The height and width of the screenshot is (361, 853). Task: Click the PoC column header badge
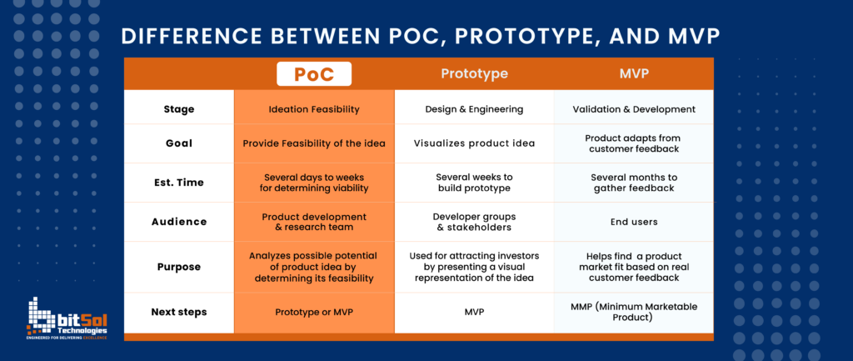click(x=314, y=74)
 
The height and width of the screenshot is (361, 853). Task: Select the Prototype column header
click(x=474, y=74)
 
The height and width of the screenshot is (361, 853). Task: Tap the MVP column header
click(x=634, y=74)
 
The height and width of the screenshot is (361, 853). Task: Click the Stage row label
click(x=178, y=109)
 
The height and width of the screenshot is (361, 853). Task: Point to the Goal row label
click(x=178, y=143)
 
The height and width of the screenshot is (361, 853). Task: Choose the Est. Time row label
click(x=178, y=183)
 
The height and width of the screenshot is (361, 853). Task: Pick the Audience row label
click(x=178, y=223)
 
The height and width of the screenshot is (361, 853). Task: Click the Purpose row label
click(x=178, y=267)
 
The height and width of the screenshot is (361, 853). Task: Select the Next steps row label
click(x=178, y=312)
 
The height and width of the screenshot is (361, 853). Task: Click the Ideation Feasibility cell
click(x=314, y=109)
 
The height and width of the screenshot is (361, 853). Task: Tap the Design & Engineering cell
click(x=474, y=109)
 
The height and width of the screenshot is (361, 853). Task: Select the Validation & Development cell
click(x=634, y=109)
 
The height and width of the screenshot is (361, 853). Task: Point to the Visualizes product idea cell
click(x=474, y=143)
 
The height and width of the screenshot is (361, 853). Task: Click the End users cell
click(x=634, y=223)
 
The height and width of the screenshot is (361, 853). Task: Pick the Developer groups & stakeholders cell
click(x=474, y=223)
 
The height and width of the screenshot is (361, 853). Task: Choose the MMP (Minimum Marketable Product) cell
click(x=634, y=312)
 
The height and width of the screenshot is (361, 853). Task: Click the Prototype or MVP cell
click(x=314, y=312)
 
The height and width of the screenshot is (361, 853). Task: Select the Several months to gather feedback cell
click(x=634, y=183)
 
